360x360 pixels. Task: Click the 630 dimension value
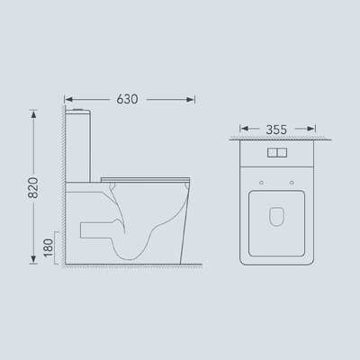(x=127, y=99)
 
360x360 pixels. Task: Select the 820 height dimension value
(x=33, y=188)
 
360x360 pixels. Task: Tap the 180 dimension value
(x=48, y=248)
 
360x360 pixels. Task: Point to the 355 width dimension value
(x=276, y=130)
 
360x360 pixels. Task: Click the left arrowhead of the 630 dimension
(x=68, y=99)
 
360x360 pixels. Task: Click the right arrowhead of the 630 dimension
(x=191, y=99)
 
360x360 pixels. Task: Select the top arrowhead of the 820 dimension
(x=33, y=114)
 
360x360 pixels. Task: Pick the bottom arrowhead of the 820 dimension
(x=33, y=259)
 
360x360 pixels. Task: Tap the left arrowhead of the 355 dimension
(x=244, y=129)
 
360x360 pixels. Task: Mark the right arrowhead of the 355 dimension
(x=310, y=129)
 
